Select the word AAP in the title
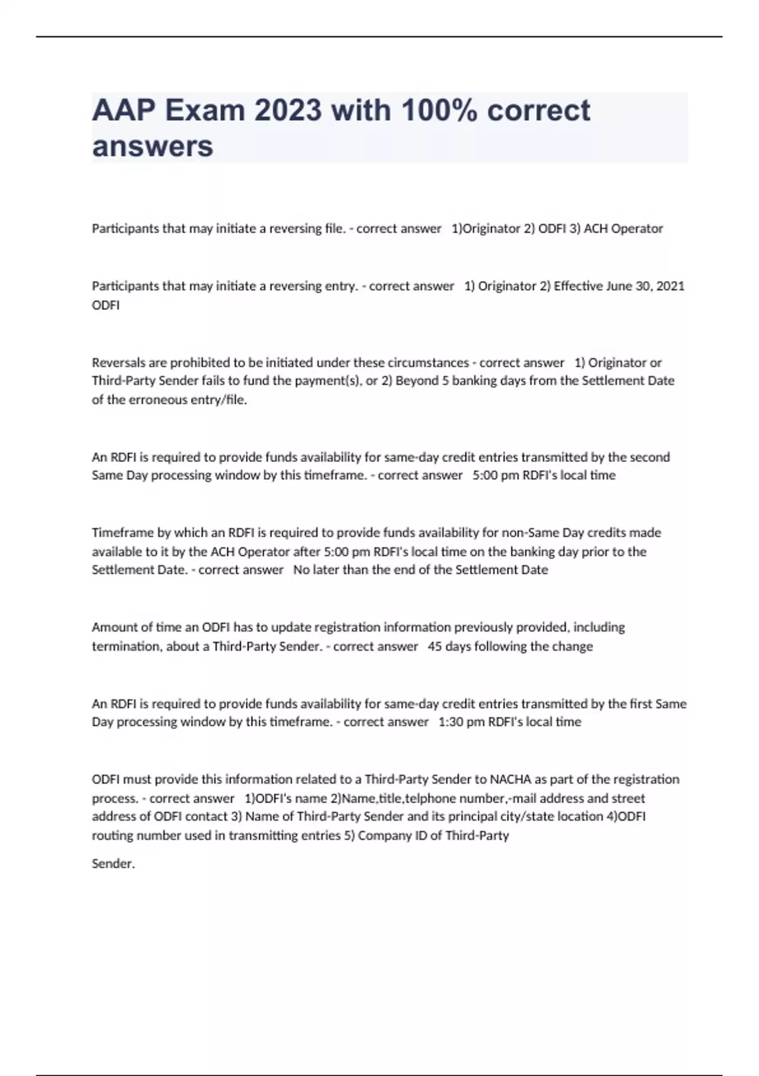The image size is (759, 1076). click(x=124, y=111)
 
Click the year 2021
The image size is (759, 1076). click(x=670, y=286)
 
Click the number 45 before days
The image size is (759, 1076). click(x=435, y=646)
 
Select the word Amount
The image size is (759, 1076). click(x=113, y=627)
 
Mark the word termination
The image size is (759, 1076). click(x=125, y=646)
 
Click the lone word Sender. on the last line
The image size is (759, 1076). click(x=113, y=864)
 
